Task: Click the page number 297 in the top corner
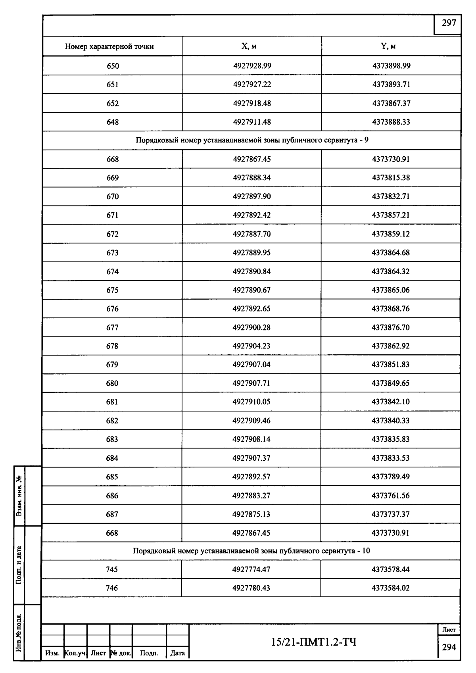tap(449, 23)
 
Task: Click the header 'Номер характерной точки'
tap(109, 46)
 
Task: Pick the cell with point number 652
tap(113, 104)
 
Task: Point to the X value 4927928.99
tap(252, 66)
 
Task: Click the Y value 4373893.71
tap(391, 85)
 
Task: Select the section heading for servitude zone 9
tap(252, 140)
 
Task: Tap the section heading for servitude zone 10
tap(251, 551)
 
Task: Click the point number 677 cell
tap(112, 327)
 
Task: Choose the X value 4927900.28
tap(251, 327)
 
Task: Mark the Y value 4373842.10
tap(390, 402)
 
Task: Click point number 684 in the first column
tap(112, 458)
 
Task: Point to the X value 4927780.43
tap(251, 588)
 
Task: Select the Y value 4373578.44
tap(390, 569)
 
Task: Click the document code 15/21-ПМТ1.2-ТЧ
tap(313, 642)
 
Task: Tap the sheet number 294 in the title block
tap(449, 647)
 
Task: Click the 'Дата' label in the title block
tap(177, 653)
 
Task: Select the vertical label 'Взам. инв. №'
tap(19, 496)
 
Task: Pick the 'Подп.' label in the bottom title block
tap(149, 653)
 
